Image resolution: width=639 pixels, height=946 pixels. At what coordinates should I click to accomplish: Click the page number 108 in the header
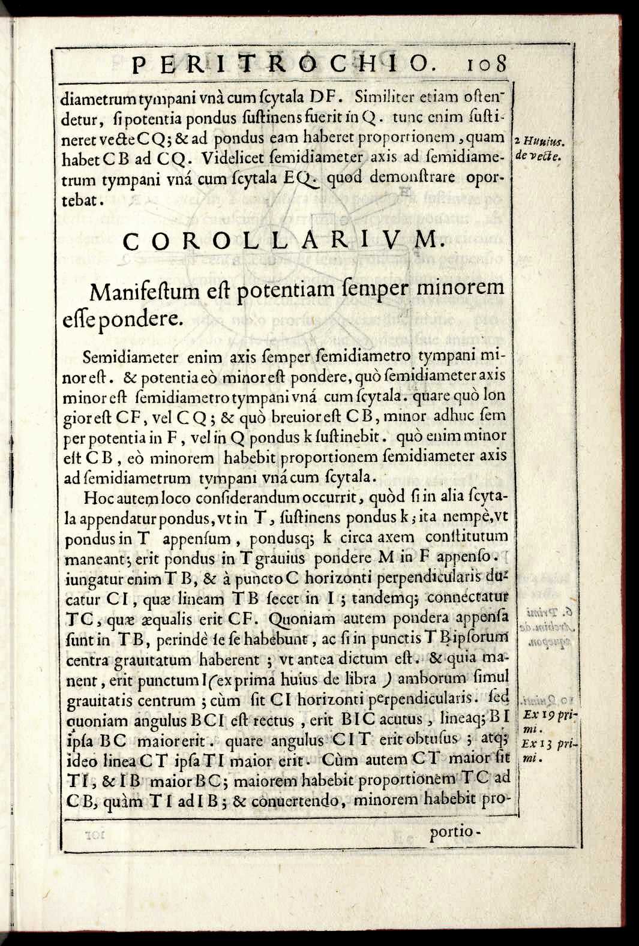click(486, 64)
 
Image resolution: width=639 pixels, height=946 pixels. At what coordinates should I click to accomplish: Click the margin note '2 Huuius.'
click(543, 142)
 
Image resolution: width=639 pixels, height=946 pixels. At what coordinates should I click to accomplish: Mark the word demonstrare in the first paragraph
click(412, 178)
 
